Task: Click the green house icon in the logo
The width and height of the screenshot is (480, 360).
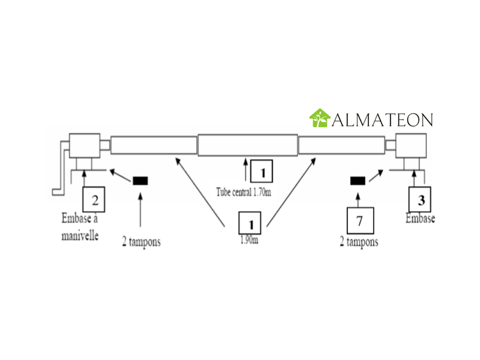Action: pos(320,118)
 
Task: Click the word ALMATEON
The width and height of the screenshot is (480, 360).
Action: pos(383,119)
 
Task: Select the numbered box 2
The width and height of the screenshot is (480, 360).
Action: pos(94,199)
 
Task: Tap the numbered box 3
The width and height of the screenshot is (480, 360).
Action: pos(420,199)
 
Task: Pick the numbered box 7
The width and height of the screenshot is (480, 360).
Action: pos(361,220)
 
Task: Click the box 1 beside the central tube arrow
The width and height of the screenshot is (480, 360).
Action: pos(262,171)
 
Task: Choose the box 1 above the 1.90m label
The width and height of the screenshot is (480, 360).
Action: pos(250,223)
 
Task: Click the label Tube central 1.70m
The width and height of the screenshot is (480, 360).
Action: pos(244,192)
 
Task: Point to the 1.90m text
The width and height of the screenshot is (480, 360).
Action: pos(249,239)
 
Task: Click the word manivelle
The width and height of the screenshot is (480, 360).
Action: pos(80,236)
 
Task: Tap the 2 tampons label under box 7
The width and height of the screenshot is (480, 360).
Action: pos(359,242)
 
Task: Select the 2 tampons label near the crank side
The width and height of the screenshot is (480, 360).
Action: pos(141,242)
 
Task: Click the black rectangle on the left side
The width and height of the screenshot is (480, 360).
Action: pos(140,181)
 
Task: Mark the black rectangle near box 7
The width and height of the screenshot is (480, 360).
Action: pos(358,181)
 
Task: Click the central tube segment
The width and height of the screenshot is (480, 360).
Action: pos(248,145)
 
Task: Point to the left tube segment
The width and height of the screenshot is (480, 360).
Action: pos(154,145)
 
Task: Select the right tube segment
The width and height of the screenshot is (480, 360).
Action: pos(341,145)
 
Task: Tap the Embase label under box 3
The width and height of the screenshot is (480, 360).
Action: pos(420,218)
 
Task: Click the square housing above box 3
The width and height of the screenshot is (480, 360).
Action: pos(411,145)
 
